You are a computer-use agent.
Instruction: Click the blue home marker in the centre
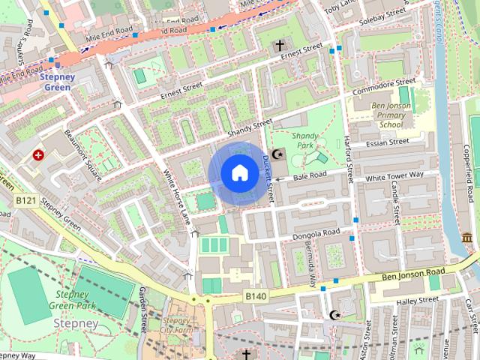[x=239, y=173]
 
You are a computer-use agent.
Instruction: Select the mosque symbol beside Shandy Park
[x=278, y=154]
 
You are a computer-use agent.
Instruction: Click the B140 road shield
[x=255, y=297]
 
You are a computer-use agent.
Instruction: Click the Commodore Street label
[x=384, y=87]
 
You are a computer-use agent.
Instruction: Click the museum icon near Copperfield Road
[x=467, y=238]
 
